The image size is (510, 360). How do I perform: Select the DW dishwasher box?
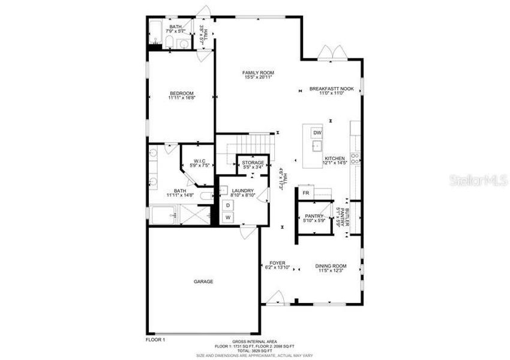click(317, 133)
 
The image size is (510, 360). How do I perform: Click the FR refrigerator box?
click(305, 193)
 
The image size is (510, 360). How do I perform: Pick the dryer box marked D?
click(228, 205)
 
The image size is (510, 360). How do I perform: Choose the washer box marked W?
click(228, 217)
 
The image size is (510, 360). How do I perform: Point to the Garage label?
click(203, 281)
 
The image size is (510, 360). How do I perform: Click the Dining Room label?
click(331, 266)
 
